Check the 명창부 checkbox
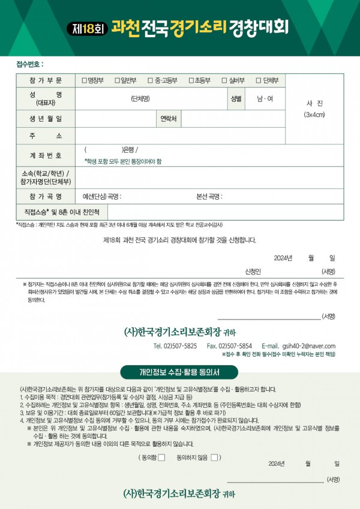pos(85,80)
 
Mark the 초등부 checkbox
pos(191,80)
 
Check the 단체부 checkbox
pos(258,80)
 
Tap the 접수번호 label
pos(30,64)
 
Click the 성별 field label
pos(235,98)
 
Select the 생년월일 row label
pos(45,119)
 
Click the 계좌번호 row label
pos(45,155)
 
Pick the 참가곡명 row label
pos(45,197)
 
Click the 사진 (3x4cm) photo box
pos(314,109)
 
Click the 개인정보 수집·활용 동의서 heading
pos(179,373)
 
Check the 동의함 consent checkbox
pos(161,458)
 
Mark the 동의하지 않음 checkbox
pos(214,458)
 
